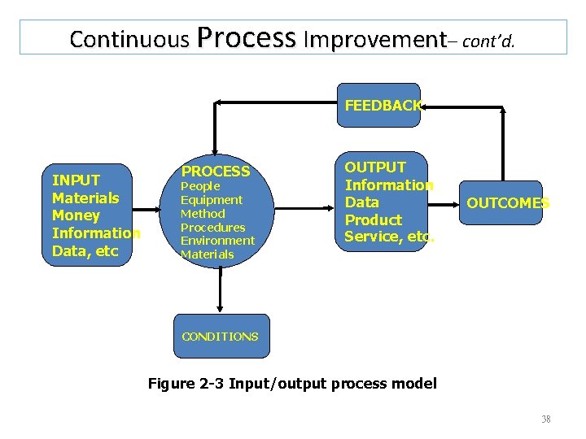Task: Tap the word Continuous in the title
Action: click(129, 39)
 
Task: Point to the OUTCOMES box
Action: click(507, 203)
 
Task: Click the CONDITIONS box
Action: click(221, 337)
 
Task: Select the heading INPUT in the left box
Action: click(76, 180)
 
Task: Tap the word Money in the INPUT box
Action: click(76, 215)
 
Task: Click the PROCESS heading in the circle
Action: click(216, 172)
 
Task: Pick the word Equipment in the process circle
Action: click(212, 200)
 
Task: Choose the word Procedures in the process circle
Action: click(212, 228)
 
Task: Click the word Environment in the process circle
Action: click(217, 241)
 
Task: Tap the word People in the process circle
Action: click(200, 186)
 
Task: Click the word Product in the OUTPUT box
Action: click(373, 220)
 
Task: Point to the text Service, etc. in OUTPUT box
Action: click(389, 237)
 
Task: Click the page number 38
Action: click(545, 419)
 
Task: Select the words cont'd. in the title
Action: click(488, 41)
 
